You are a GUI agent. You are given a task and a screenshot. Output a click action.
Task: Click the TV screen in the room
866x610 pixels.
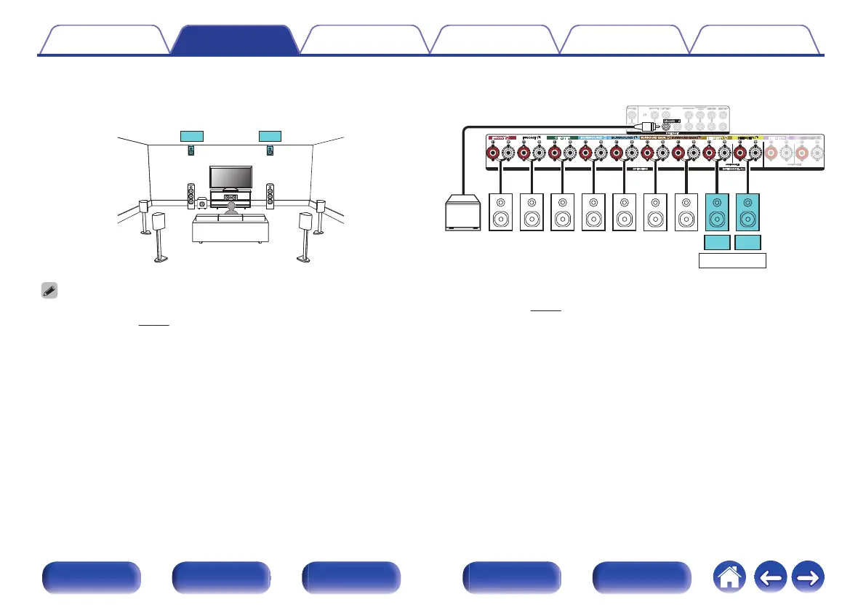coord(231,177)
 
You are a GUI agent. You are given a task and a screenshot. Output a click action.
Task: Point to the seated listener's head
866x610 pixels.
coord(231,208)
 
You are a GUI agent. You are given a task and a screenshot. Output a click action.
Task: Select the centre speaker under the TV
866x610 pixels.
coord(232,198)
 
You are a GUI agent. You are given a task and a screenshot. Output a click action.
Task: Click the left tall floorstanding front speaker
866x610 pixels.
coord(191,196)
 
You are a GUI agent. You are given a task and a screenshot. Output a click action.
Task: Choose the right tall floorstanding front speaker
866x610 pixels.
coord(270,196)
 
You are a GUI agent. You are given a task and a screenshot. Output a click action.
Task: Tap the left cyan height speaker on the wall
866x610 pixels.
coord(191,151)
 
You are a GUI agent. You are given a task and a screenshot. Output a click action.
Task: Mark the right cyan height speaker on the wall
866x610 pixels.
coord(270,151)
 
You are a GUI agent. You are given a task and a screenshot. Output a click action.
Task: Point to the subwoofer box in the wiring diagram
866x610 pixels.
coord(463,212)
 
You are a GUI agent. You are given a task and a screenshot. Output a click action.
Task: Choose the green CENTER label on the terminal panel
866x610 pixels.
coord(562,138)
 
